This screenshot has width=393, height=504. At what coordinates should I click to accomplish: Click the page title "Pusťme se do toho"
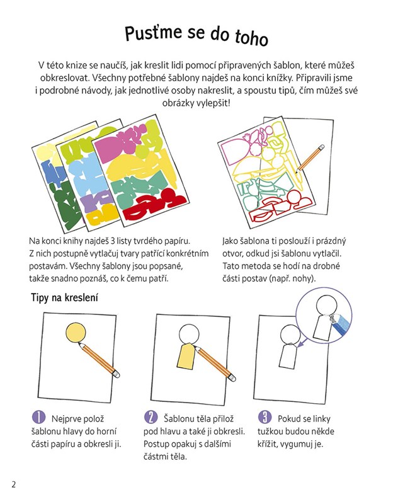(196, 35)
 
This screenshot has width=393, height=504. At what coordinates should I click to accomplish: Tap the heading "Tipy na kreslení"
(64, 297)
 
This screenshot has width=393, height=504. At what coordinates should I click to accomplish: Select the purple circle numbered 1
(38, 417)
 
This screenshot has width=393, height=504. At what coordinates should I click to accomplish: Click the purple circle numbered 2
(151, 417)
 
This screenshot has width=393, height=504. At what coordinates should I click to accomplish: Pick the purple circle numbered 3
(265, 417)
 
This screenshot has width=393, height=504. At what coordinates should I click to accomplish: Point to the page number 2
(13, 484)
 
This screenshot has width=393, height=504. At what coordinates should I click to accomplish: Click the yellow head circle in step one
(76, 333)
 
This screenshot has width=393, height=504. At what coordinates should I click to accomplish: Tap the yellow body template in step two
(186, 356)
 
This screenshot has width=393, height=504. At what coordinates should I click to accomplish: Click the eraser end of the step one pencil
(117, 374)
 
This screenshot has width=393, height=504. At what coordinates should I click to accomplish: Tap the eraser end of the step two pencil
(232, 377)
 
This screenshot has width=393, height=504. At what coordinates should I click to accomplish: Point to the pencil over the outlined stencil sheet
(310, 159)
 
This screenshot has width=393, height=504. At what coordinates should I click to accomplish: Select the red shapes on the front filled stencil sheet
(151, 206)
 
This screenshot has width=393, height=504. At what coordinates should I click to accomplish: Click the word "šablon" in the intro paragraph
(287, 66)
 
